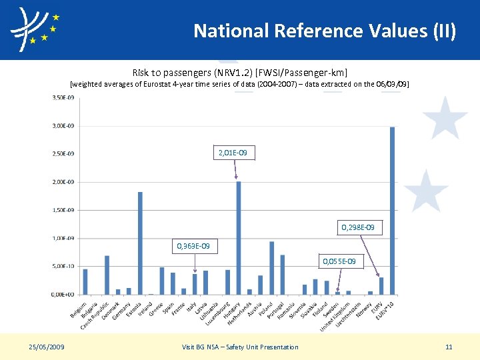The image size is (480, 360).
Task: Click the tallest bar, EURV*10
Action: tap(392, 210)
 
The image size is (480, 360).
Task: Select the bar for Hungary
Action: tap(238, 237)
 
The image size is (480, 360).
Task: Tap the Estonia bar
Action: tap(140, 243)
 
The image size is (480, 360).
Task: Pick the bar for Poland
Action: tap(271, 267)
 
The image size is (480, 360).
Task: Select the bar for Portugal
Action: tap(282, 274)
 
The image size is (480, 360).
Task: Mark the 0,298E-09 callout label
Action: tap(362, 228)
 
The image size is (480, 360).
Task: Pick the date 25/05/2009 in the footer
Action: tap(47, 347)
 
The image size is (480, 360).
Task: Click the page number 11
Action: tap(449, 347)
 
